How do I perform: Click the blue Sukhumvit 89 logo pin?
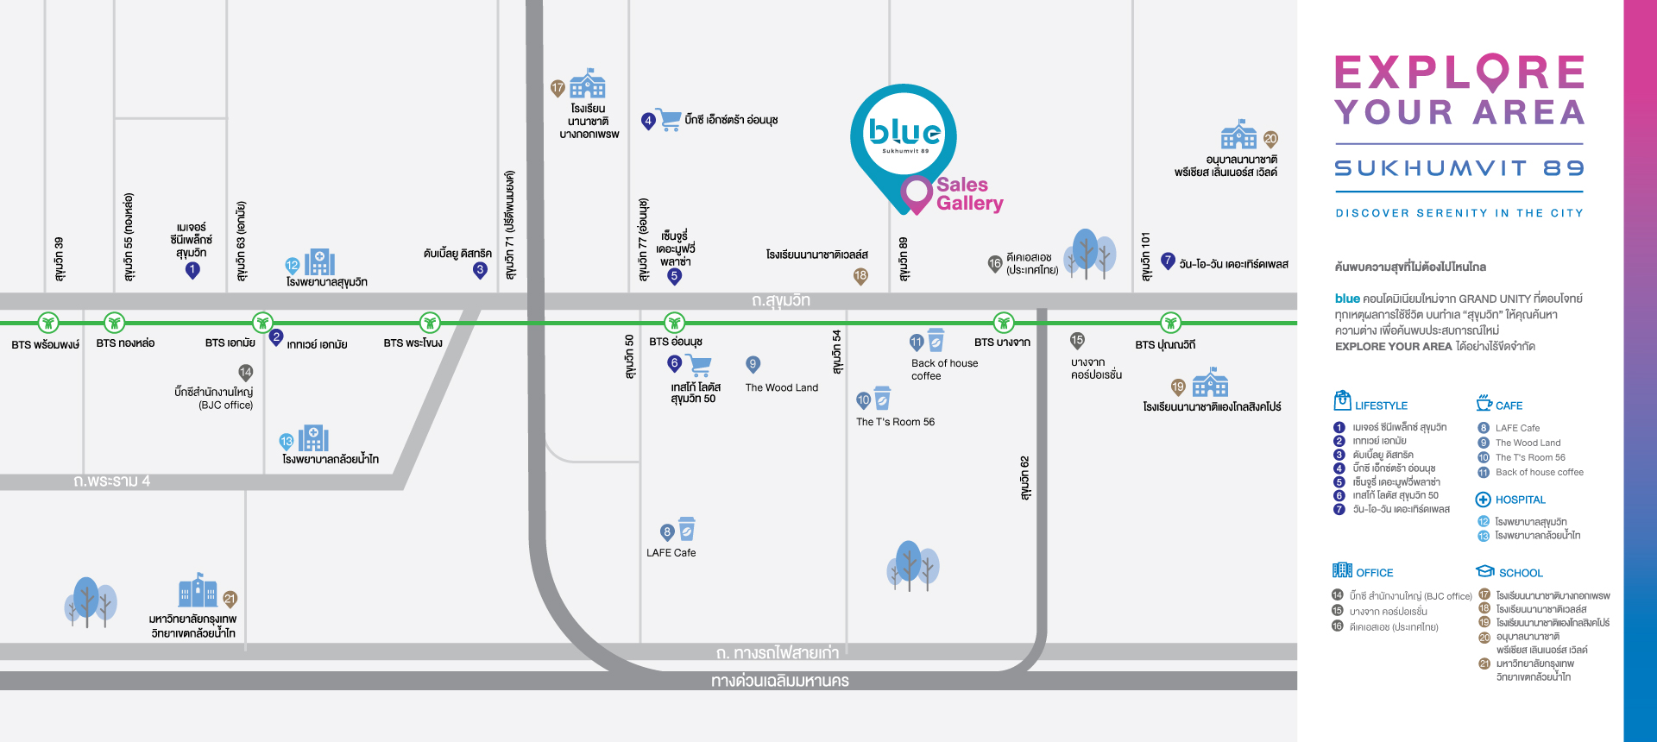point(904,138)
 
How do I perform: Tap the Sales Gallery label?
point(970,194)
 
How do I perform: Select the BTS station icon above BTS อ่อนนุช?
point(674,323)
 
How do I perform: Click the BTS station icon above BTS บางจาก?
point(1003,323)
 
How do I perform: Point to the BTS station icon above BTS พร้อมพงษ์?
point(48,323)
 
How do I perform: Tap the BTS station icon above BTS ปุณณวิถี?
point(1170,323)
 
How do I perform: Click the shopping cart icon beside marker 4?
point(669,119)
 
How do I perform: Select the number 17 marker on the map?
point(558,88)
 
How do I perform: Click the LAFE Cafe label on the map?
point(671,553)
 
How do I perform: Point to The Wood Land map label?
point(782,387)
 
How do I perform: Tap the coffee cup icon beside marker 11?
point(936,340)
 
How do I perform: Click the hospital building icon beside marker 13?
point(313,438)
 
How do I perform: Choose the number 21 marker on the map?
point(230,600)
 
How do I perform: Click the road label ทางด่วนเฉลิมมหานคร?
point(780,681)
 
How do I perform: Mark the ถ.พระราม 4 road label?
point(111,481)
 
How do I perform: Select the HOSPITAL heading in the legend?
point(1521,500)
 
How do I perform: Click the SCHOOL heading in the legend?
point(1521,573)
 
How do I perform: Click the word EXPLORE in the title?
point(1460,72)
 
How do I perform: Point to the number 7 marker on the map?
point(1168,261)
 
